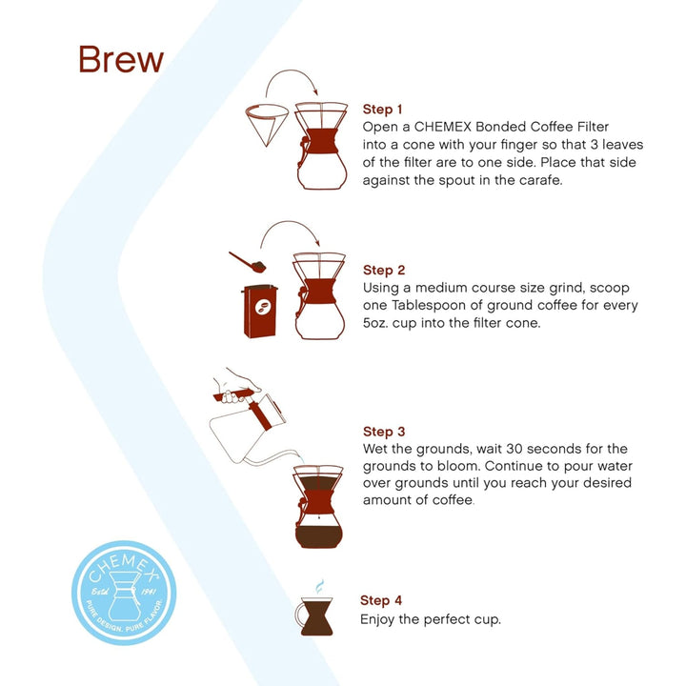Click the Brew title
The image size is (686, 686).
121,59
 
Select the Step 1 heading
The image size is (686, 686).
384,109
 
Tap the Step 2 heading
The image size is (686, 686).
384,270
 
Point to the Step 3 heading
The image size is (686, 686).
384,431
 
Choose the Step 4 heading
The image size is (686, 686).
381,600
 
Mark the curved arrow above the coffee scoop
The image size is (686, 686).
295,232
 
